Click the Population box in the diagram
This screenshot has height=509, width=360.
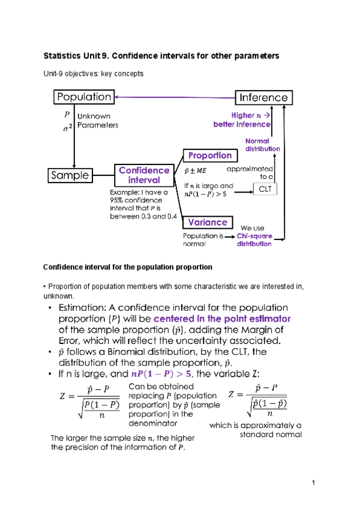83,97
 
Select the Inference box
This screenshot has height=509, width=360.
263,97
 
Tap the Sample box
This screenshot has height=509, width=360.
70,175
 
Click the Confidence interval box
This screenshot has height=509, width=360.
143,175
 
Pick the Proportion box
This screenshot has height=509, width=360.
209,155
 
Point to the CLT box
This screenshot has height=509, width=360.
265,190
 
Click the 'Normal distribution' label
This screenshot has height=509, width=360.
262,145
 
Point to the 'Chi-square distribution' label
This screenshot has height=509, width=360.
254,240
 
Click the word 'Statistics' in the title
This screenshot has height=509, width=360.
62,55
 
